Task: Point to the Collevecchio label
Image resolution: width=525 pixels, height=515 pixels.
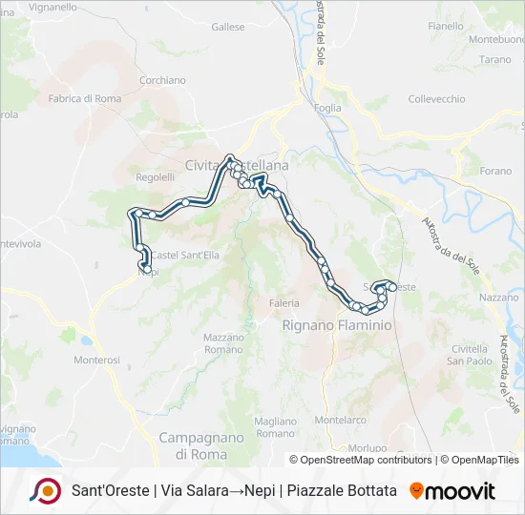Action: coord(436,99)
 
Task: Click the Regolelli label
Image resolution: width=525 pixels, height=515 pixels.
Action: coord(156,177)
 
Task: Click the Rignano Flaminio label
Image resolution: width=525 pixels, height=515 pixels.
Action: coord(337,325)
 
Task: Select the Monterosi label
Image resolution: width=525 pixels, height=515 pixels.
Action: coord(97,360)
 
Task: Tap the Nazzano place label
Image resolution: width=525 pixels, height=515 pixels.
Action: coord(497,298)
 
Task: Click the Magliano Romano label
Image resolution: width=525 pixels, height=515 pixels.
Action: coord(277,426)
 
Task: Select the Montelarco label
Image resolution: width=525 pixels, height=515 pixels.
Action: coord(341,420)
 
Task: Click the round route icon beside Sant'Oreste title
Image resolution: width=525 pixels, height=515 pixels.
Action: coord(46,491)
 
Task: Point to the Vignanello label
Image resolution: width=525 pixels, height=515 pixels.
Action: coord(52,7)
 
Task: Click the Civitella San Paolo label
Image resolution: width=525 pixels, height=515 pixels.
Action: coord(472,355)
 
